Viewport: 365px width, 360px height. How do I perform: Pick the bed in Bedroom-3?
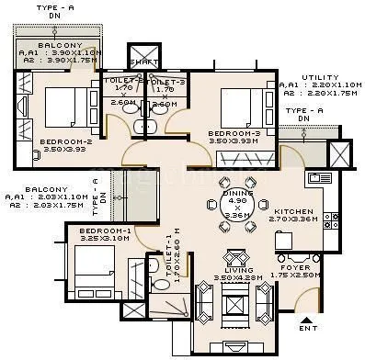click(x=240, y=107)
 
